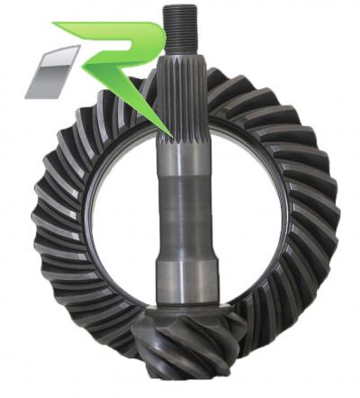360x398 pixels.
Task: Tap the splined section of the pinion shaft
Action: pyautogui.click(x=181, y=99)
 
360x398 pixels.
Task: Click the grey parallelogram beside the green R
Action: pyautogui.click(x=52, y=72)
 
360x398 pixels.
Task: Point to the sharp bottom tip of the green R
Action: pyautogui.click(x=172, y=137)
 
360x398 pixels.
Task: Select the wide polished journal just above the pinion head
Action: pyautogui.click(x=186, y=282)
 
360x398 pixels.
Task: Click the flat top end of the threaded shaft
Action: pyautogui.click(x=180, y=7)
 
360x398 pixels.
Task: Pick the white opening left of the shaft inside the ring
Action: pyautogui.click(x=123, y=210)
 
